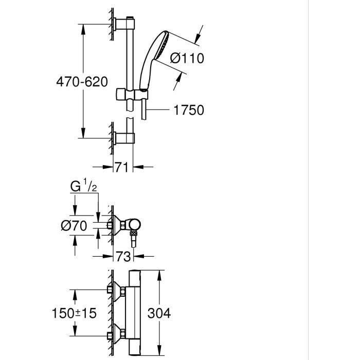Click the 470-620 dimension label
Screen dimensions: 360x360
click(82, 82)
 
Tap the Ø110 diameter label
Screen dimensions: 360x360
click(187, 58)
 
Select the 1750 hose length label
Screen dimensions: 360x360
click(189, 110)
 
